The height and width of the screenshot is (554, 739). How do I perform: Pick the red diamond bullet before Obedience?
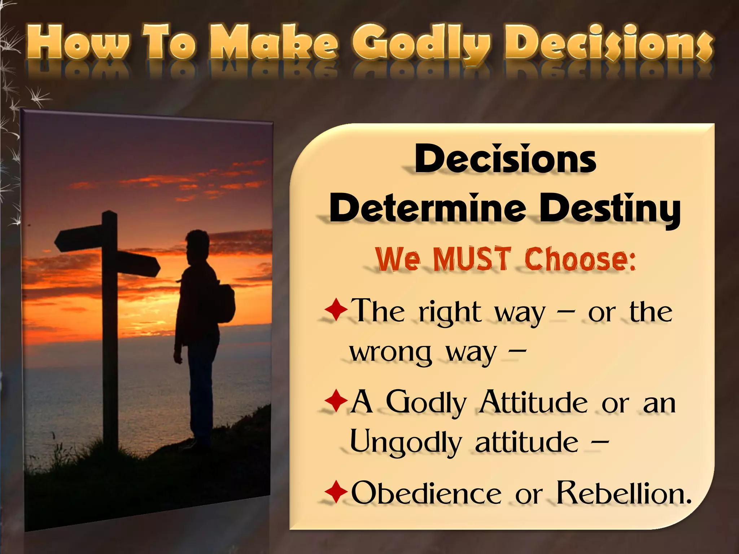[336, 491]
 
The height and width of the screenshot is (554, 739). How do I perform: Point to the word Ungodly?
[406, 443]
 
